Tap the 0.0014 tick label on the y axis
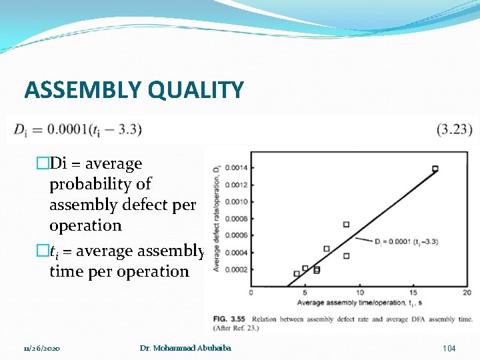pos(235,167)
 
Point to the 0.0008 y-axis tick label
pos(235,219)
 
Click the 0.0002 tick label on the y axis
pos(235,269)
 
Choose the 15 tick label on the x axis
pos(413,293)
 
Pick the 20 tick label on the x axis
pos(466,293)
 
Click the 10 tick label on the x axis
pos(359,293)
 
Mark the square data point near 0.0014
pos(435,169)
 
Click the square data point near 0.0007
pos(346,225)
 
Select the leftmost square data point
pos(297,274)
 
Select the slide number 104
pos(449,349)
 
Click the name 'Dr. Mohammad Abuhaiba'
pos(185,348)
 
